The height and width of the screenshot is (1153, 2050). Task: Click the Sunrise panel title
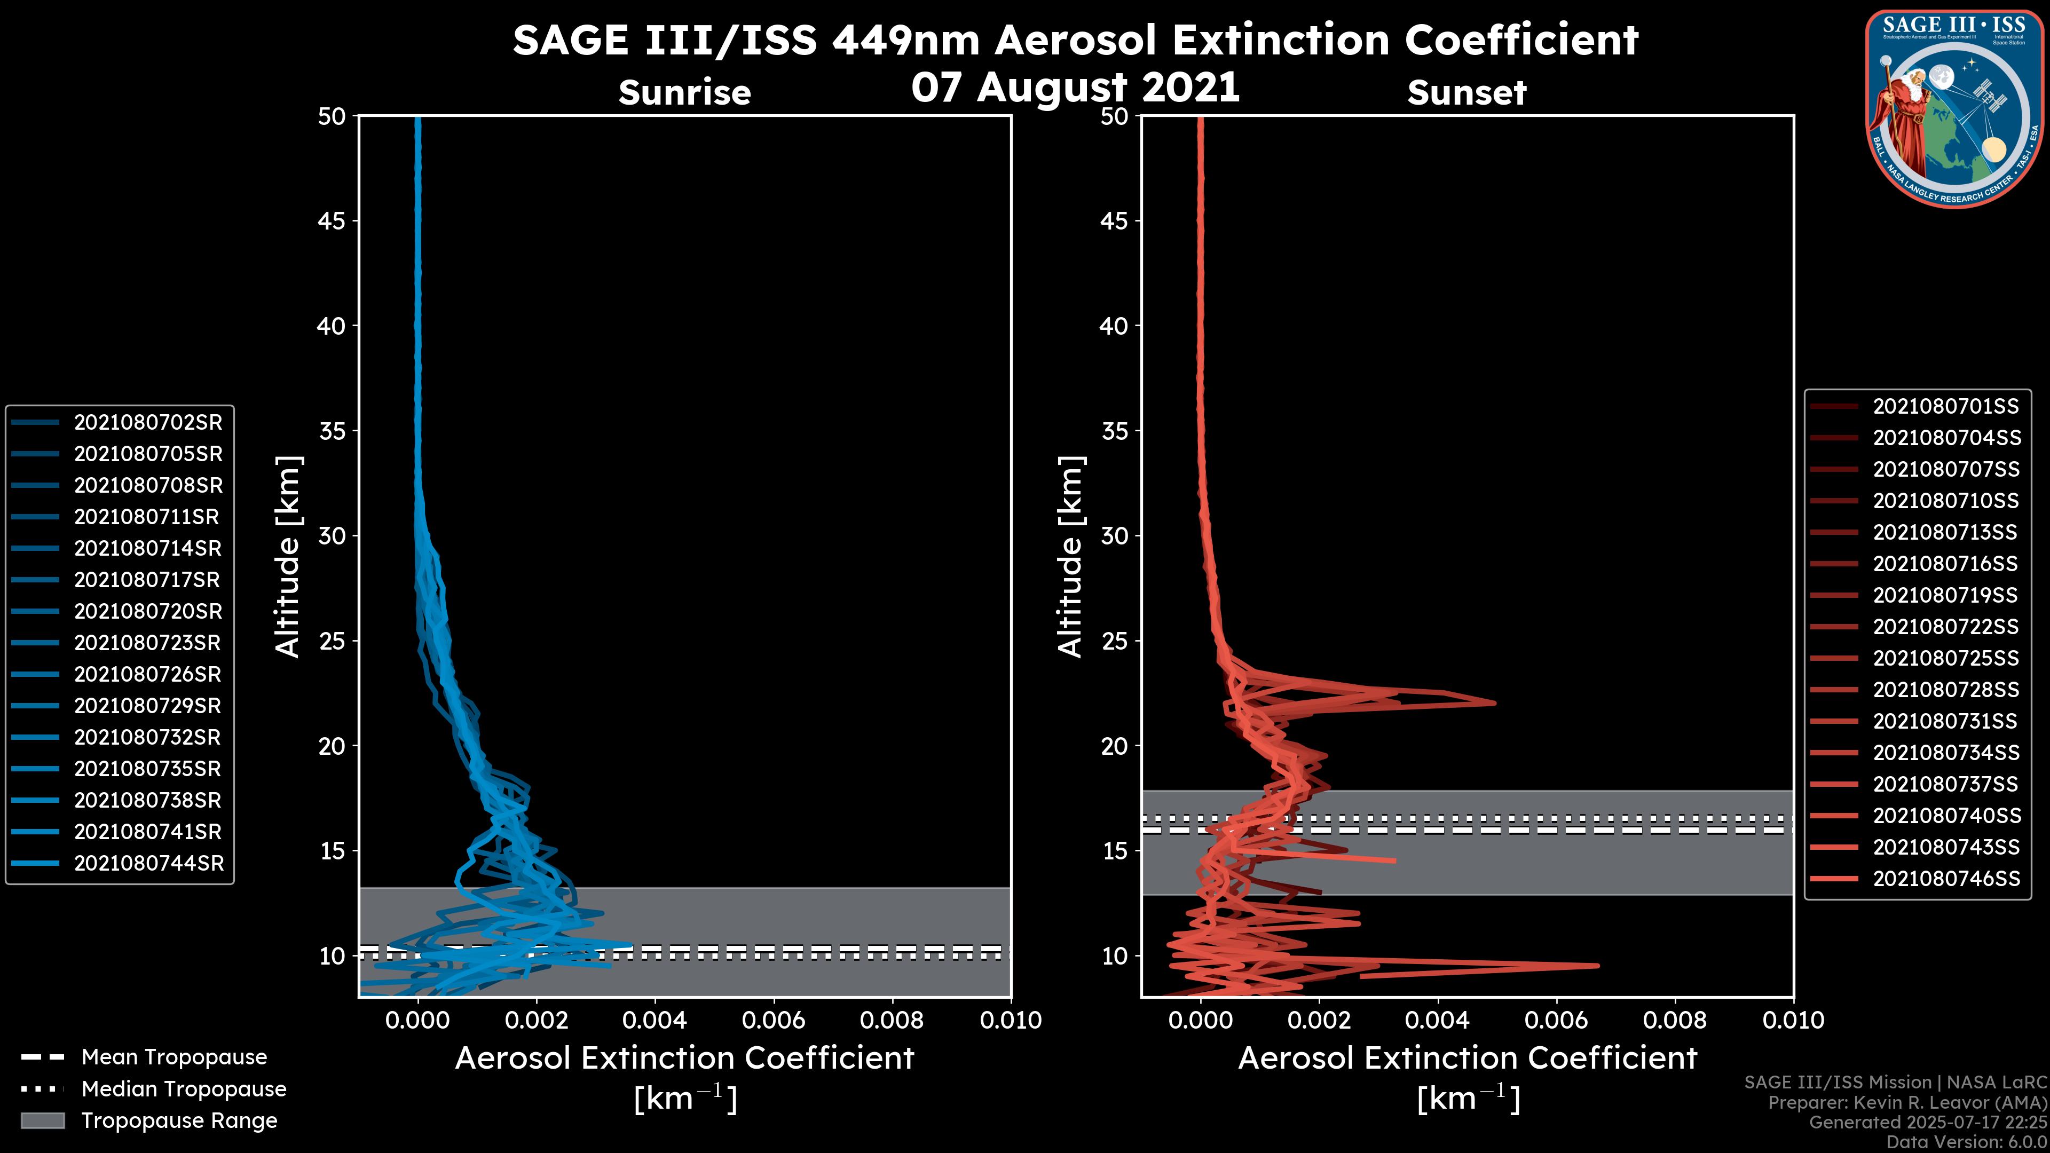[684, 92]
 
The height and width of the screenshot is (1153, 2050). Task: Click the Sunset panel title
[1466, 92]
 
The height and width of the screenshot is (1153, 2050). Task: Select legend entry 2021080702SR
[148, 423]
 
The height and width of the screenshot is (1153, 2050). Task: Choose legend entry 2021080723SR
[148, 643]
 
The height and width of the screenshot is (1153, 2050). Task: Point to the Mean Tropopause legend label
[174, 1057]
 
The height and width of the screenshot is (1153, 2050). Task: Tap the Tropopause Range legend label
[179, 1120]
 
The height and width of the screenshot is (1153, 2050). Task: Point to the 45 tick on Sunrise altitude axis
[332, 221]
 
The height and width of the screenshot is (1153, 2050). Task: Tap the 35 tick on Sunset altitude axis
[1115, 431]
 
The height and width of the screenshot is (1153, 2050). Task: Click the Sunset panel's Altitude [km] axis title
[1070, 557]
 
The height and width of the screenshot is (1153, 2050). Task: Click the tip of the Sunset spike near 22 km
[1495, 702]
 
